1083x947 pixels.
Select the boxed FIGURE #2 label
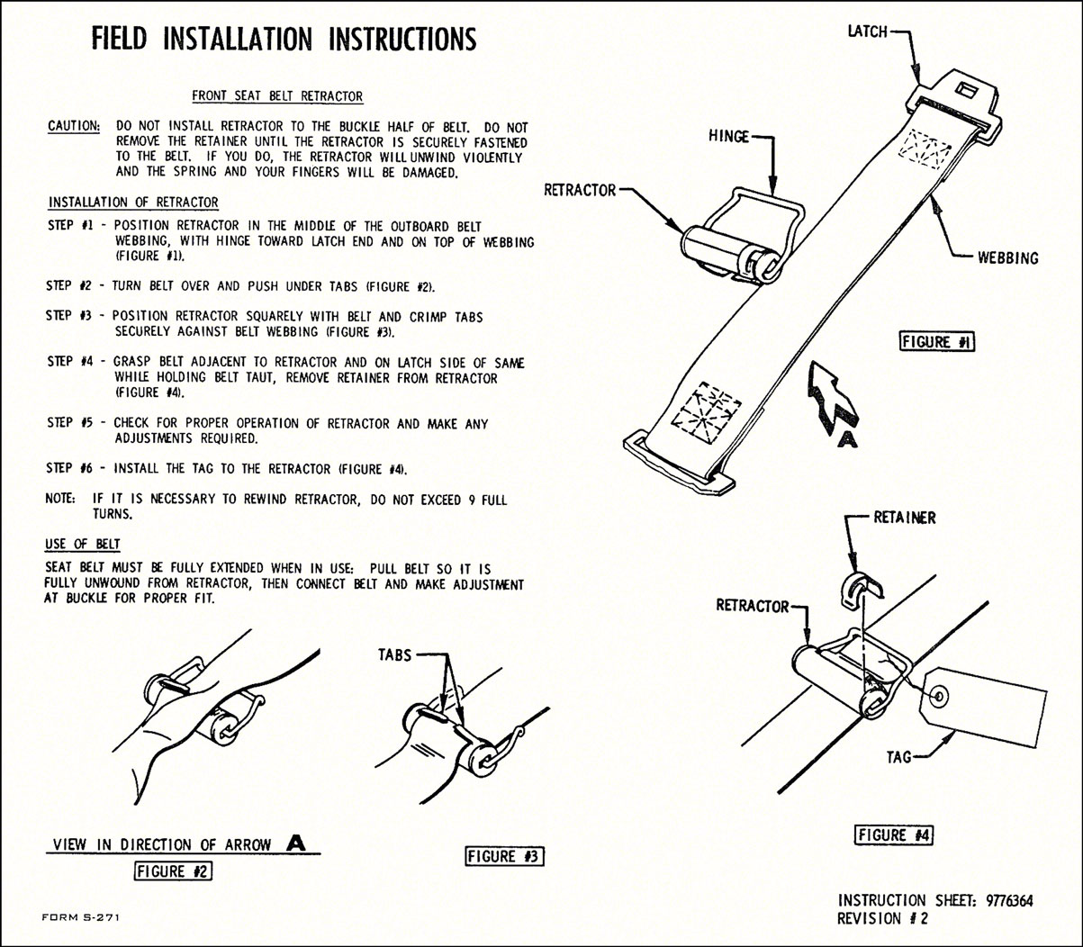point(174,870)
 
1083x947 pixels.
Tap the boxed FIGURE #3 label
point(505,856)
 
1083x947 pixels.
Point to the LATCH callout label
point(868,32)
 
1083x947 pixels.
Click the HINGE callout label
point(729,137)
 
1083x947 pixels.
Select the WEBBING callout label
point(1008,258)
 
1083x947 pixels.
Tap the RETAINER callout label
point(905,518)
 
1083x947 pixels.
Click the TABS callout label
point(394,655)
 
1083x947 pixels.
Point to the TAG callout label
point(899,757)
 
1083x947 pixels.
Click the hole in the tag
point(939,694)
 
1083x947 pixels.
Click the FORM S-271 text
point(81,916)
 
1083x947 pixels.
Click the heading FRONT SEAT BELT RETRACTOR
point(277,96)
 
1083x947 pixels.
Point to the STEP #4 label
point(71,362)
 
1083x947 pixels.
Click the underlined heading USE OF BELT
point(83,544)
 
